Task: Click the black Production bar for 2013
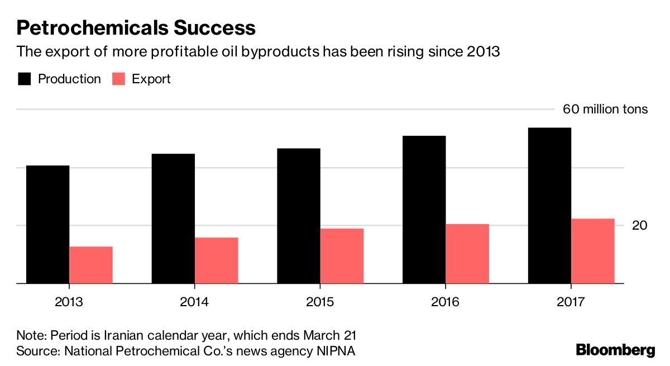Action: point(47,225)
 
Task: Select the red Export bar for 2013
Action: point(91,265)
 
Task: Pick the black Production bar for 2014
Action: point(173,218)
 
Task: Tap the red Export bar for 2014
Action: point(216,260)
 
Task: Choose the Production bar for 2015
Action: point(298,216)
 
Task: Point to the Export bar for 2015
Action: point(342,256)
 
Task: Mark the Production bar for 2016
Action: point(424,210)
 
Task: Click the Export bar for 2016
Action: point(467,254)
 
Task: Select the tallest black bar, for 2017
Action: point(549,206)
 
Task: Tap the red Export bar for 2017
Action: point(592,251)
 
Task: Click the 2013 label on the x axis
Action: point(69,302)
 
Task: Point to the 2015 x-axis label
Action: point(320,302)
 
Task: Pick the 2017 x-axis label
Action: point(571,302)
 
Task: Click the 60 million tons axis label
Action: point(605,109)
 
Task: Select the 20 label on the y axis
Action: point(640,225)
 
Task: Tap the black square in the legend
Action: point(24,79)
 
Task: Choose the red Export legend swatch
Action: point(118,79)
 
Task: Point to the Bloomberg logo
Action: point(615,350)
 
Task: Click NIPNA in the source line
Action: point(336,351)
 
